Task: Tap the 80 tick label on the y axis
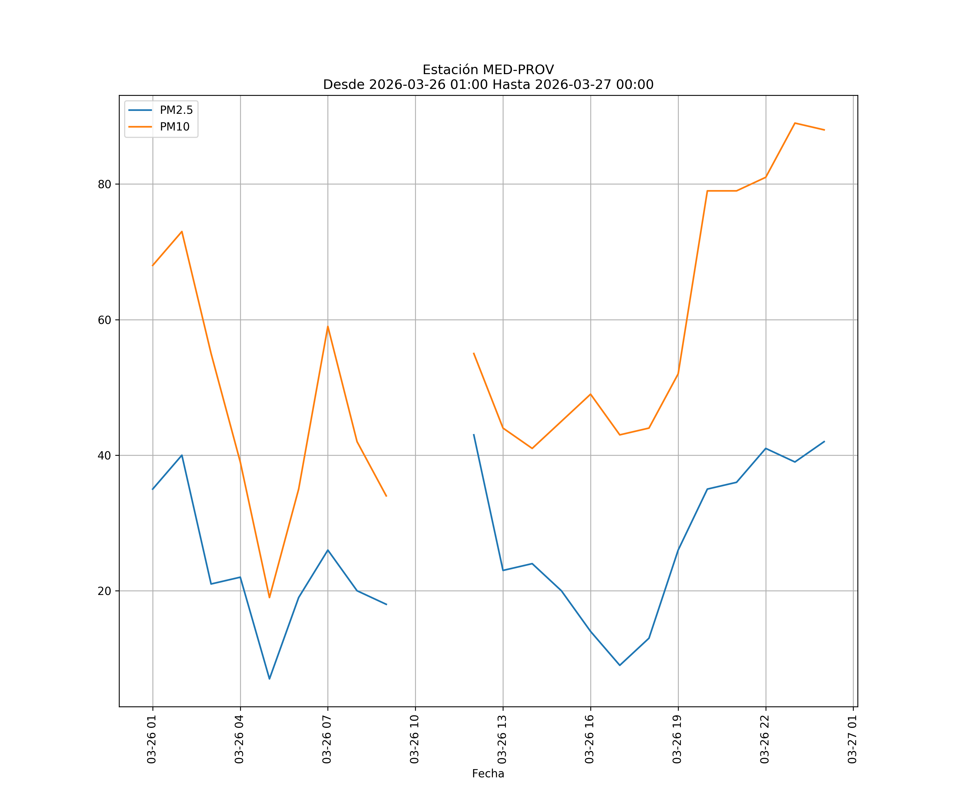(104, 184)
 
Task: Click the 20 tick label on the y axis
(104, 591)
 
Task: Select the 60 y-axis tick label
(104, 320)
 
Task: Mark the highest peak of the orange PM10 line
(795, 123)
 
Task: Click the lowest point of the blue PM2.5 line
(269, 679)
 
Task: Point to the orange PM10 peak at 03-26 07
(328, 326)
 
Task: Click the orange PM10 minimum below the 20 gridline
(269, 598)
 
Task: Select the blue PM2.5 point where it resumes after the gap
(474, 435)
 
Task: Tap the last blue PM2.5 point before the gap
(386, 604)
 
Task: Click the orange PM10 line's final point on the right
(824, 130)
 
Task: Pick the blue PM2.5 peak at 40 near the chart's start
(182, 455)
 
